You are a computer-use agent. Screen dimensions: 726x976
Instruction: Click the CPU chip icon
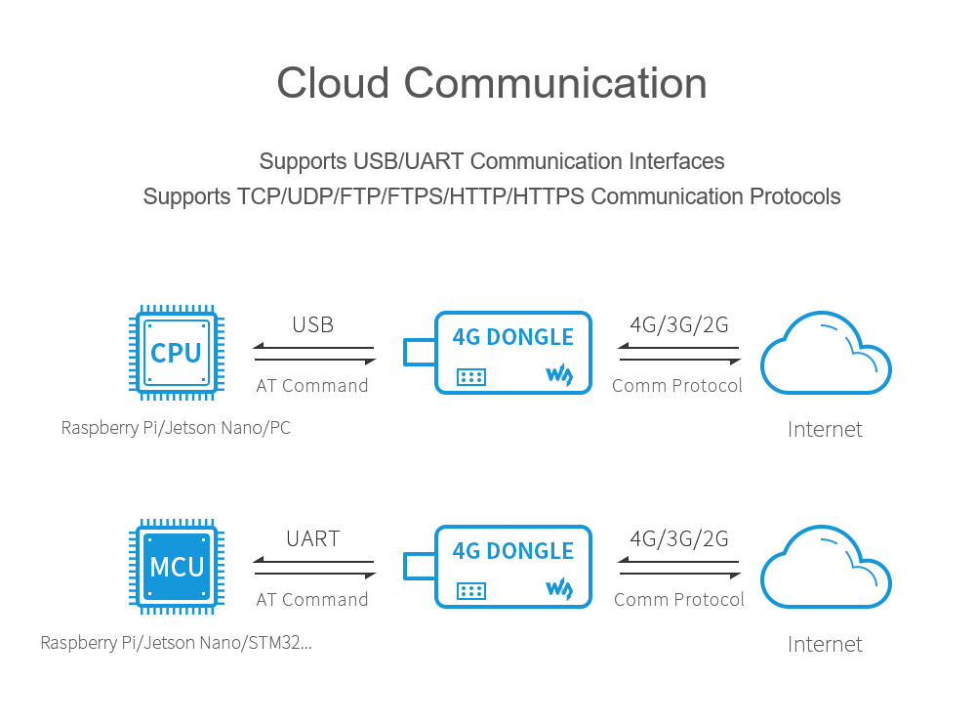[x=177, y=353]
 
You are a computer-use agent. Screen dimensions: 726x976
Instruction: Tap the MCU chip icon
[x=177, y=567]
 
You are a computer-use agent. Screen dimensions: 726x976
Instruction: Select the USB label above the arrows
[x=312, y=325]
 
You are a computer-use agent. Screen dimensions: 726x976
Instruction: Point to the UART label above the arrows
[x=312, y=539]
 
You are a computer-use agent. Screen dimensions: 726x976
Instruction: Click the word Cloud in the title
[x=334, y=83]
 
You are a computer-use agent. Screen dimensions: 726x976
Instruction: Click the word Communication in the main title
[x=555, y=83]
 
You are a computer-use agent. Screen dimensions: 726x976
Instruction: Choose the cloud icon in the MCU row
[x=826, y=568]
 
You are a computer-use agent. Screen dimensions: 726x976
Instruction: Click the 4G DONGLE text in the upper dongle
[x=513, y=337]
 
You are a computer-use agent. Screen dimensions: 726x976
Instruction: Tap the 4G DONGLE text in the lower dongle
[x=513, y=551]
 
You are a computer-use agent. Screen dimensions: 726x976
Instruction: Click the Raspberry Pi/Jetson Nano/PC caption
[x=176, y=428]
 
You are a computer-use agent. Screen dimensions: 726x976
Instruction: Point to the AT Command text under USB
[x=312, y=386]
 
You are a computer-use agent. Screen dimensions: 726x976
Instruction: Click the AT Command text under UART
[x=312, y=600]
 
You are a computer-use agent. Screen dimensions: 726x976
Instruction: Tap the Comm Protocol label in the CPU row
[x=677, y=386]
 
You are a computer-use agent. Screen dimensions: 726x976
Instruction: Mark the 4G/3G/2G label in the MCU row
[x=679, y=539]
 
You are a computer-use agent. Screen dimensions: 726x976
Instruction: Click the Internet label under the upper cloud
[x=825, y=429]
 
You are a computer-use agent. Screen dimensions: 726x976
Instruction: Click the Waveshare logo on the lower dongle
[x=559, y=589]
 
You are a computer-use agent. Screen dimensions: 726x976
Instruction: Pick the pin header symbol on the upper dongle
[x=471, y=376]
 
